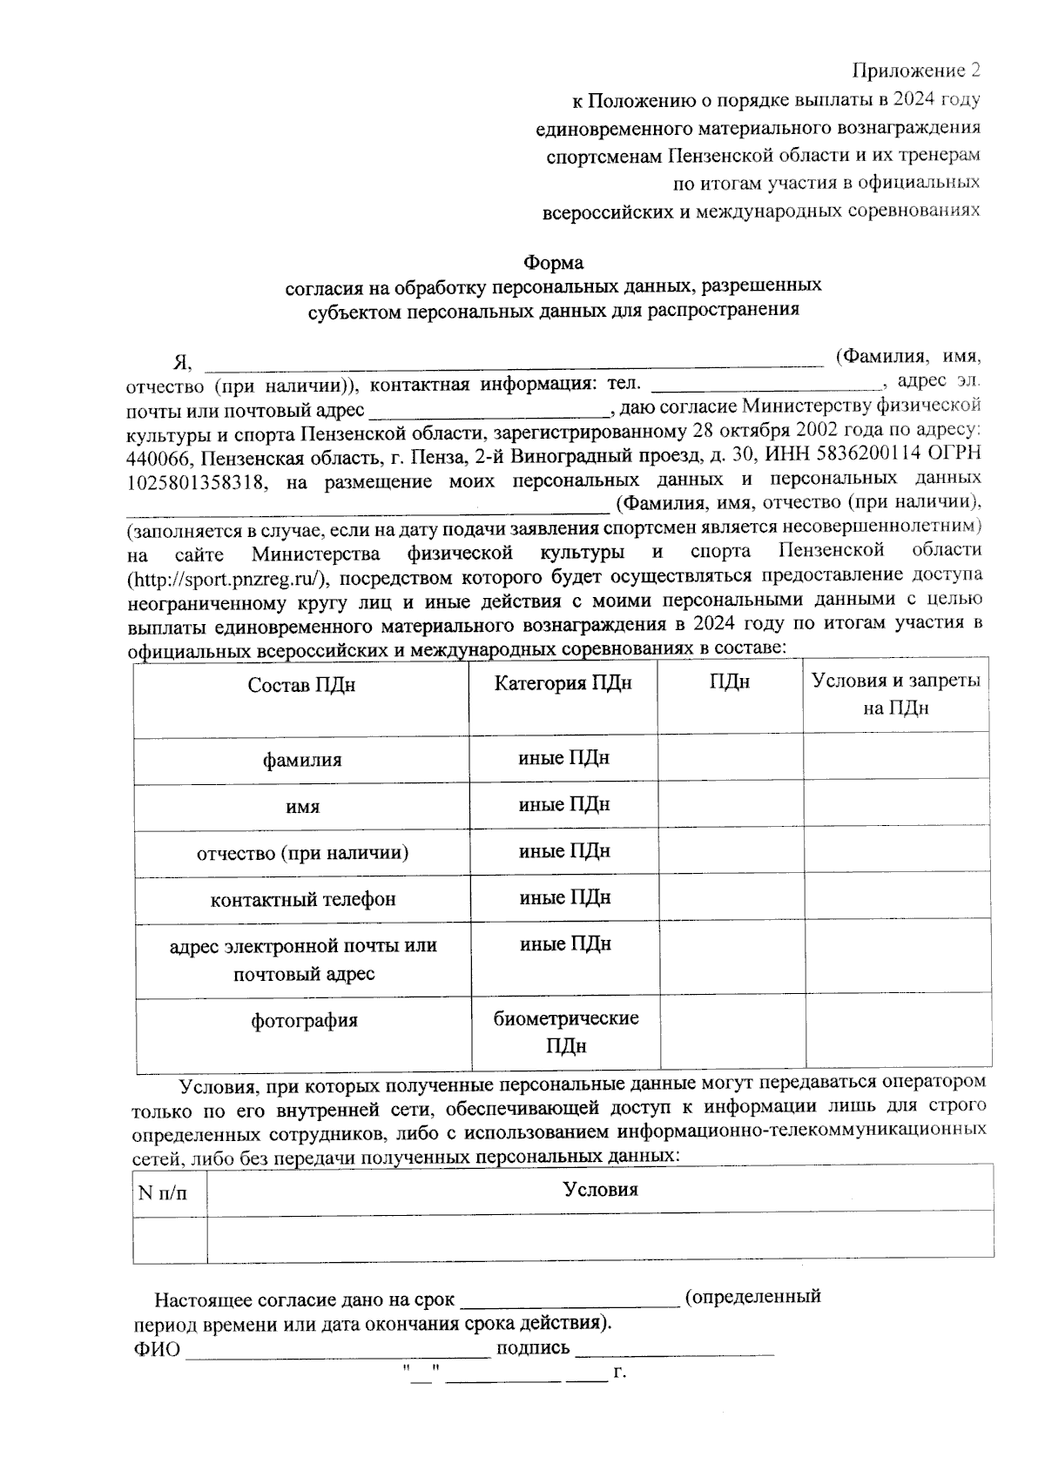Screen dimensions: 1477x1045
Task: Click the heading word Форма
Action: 553,262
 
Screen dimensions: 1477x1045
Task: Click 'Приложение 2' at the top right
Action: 915,70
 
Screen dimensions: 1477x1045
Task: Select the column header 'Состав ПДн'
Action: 301,685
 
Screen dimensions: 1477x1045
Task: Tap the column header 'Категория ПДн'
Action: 563,683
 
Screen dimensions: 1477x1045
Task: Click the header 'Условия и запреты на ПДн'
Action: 895,694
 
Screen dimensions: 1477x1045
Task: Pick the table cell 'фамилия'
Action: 302,760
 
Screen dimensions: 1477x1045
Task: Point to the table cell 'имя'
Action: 302,807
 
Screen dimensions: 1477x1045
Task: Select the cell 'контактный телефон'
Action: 302,899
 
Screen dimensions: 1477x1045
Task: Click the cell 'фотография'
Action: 304,1020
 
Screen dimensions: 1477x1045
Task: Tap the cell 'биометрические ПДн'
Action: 566,1031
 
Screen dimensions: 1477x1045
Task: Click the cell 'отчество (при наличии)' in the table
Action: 302,853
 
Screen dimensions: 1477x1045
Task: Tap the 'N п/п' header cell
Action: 162,1191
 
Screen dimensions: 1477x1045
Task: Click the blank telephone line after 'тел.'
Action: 766,384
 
